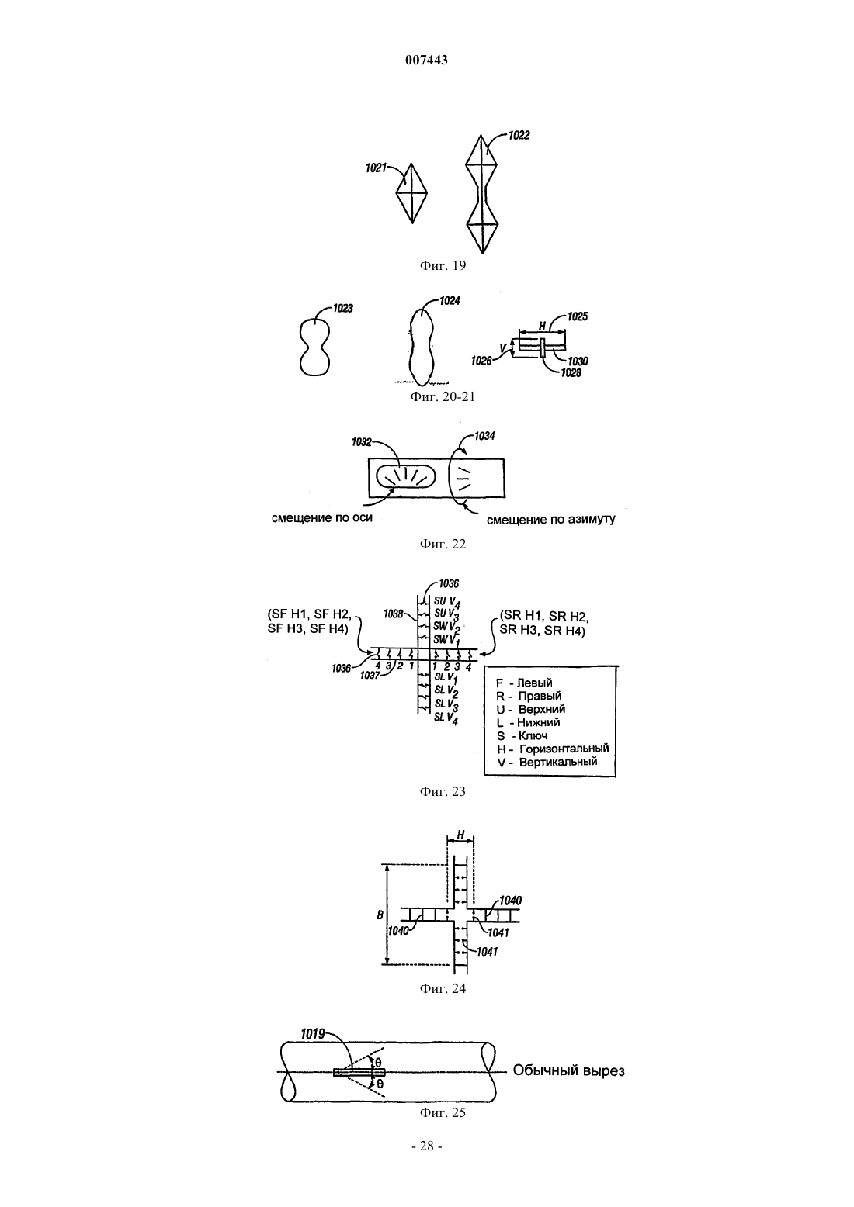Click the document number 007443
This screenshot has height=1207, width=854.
click(x=426, y=60)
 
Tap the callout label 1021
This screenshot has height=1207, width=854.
click(x=376, y=168)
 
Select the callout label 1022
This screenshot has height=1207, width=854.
click(x=519, y=135)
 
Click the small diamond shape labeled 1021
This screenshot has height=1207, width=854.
click(x=412, y=193)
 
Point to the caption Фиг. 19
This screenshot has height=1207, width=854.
click(x=442, y=265)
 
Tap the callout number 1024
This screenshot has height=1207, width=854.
click(x=450, y=301)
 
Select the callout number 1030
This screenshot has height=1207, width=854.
click(x=578, y=361)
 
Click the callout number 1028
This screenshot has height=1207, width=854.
click(x=571, y=373)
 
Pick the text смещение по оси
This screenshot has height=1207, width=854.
click(x=322, y=518)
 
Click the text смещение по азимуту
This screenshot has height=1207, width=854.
click(x=550, y=520)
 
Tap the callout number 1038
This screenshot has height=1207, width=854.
click(x=394, y=614)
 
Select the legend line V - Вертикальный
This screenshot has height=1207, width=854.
click(x=547, y=762)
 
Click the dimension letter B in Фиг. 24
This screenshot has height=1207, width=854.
click(x=380, y=915)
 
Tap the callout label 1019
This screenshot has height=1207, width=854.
click(x=313, y=1034)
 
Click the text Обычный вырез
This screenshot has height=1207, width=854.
click(x=568, y=1070)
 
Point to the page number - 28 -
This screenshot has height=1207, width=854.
click(x=426, y=1146)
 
